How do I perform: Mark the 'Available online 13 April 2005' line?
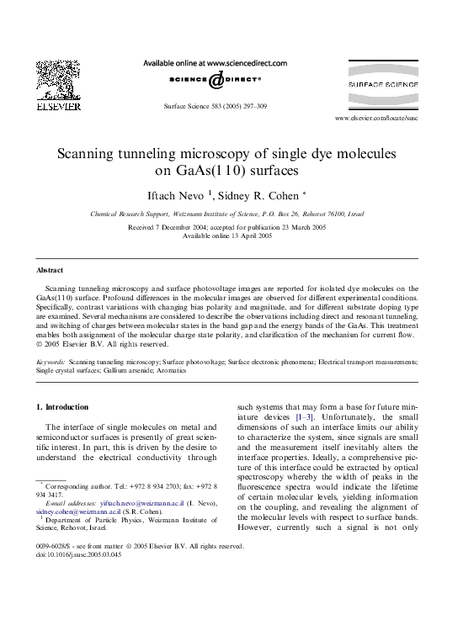pyautogui.click(x=227, y=236)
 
